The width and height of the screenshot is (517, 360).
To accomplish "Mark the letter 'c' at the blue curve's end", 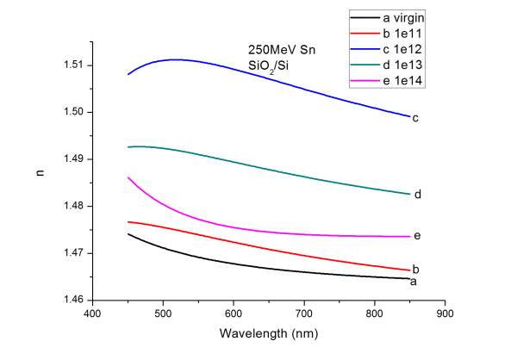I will [x=415, y=118].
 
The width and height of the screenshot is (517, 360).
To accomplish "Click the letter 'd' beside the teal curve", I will [x=417, y=195].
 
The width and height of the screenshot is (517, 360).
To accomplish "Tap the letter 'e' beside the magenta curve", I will [x=417, y=236].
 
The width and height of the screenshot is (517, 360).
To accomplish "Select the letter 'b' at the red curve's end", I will [x=416, y=270].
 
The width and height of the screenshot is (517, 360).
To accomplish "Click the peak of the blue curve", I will [x=176, y=59].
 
